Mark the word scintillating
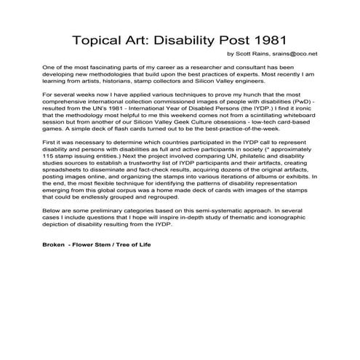[255, 115]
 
